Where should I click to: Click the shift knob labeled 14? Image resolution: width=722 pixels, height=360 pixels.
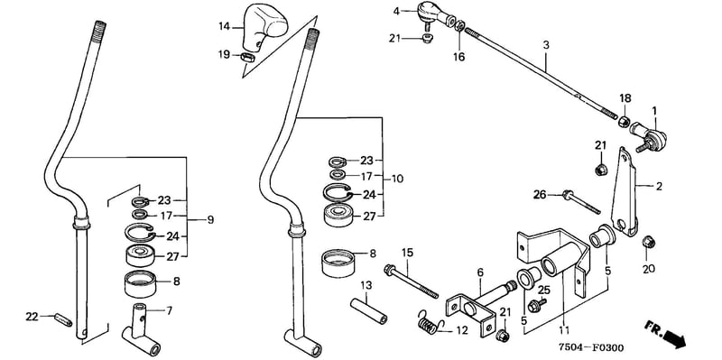pos(264,26)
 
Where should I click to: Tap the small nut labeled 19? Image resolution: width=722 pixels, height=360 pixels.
pos(248,58)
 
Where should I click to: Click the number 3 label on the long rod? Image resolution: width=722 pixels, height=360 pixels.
pos(546,46)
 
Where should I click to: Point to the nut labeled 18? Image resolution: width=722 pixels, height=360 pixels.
pos(624,122)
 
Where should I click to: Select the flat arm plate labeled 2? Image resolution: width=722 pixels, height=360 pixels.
pos(624,191)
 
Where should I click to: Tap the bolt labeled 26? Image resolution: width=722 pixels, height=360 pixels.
pos(581,201)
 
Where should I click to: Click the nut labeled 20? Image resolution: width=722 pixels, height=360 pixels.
pos(648,241)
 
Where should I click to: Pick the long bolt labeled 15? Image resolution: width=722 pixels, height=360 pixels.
pos(411,281)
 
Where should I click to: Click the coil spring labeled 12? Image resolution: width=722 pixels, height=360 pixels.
pos(430,322)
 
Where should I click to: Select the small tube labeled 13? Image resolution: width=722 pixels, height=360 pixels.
pos(368,310)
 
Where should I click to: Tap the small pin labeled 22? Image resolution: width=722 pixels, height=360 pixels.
pos(63,319)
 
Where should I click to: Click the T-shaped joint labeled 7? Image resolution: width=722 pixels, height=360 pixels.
pos(141,330)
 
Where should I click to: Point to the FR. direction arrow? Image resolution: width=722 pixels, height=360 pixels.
pos(665,334)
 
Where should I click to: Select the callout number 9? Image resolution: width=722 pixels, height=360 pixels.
pos(210,220)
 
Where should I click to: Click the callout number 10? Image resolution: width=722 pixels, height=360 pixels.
pos(397,179)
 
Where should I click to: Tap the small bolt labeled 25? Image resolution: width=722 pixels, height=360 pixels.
pos(536,304)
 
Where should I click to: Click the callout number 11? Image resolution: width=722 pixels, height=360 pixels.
pos(564,330)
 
